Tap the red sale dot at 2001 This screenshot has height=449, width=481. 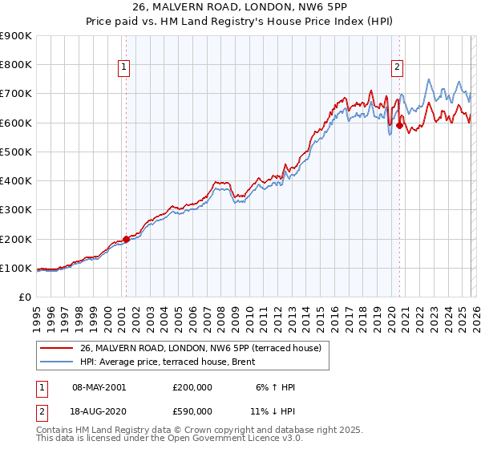[126, 239]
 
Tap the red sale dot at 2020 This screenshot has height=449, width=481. [399, 125]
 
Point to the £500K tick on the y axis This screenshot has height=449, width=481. [17, 152]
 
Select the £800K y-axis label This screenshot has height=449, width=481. [17, 65]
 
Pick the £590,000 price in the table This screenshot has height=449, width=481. [192, 410]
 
